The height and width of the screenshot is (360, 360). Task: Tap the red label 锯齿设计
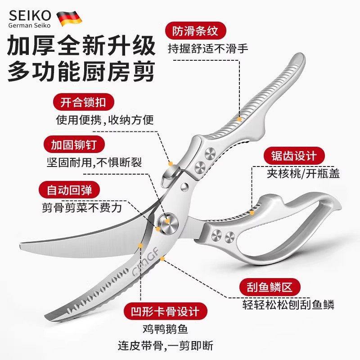(x=294, y=156)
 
